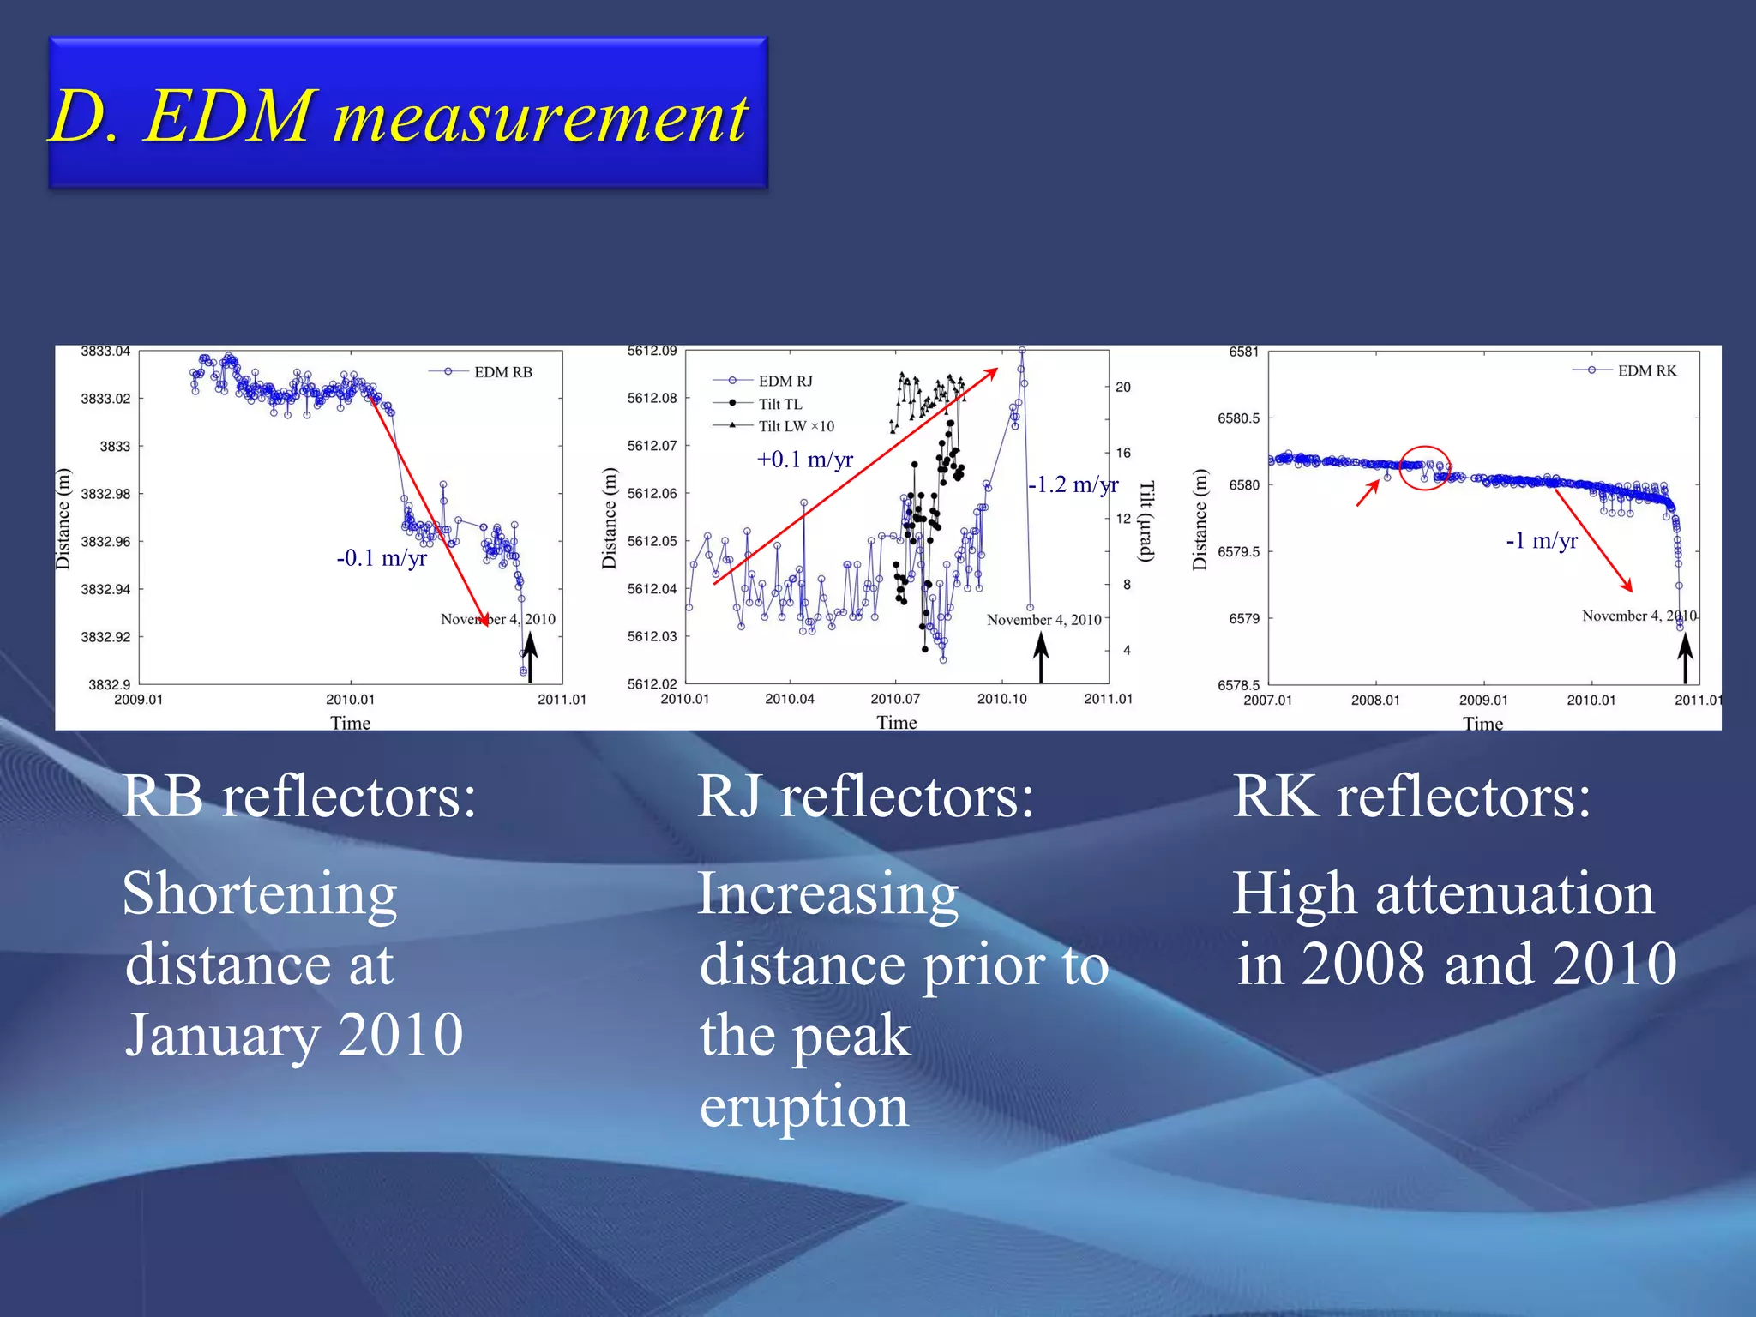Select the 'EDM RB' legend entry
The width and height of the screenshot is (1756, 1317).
(x=502, y=372)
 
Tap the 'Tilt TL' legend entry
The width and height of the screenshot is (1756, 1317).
(x=779, y=404)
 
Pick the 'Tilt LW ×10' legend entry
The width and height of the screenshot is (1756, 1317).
(x=795, y=426)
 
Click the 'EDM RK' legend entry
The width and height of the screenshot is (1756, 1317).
(x=1646, y=370)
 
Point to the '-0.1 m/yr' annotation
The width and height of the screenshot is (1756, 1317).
(x=382, y=558)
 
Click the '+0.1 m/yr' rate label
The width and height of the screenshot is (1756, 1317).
(x=804, y=460)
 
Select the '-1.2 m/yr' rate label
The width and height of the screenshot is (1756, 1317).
(x=1073, y=485)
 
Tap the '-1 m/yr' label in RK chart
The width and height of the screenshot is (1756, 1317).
(x=1542, y=541)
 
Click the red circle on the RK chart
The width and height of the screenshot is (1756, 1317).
(x=1425, y=468)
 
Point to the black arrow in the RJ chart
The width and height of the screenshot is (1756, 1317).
(x=1041, y=657)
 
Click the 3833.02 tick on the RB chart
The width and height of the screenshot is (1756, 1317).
(x=105, y=399)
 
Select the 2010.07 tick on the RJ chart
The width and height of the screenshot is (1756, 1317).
(x=895, y=699)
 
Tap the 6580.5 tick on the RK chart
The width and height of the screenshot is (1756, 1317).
(x=1238, y=418)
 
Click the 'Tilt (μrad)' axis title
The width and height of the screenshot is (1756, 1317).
(x=1146, y=521)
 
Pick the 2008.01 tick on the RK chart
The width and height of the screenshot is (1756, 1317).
(x=1375, y=701)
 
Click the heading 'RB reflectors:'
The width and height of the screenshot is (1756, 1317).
(x=299, y=797)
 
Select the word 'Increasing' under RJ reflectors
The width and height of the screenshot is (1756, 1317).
(x=828, y=893)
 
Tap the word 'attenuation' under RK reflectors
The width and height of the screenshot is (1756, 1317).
(x=1514, y=893)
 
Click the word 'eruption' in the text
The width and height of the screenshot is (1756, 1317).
(x=804, y=1106)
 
